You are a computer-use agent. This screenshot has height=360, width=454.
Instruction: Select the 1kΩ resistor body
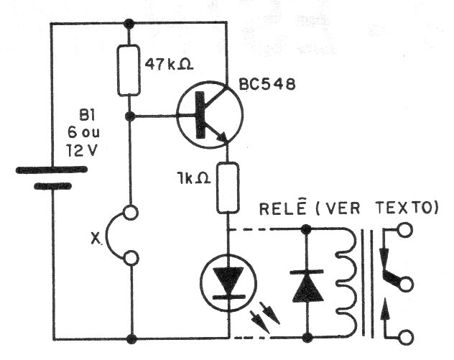click(228, 188)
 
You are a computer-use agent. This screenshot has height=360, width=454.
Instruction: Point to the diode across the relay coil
click(306, 284)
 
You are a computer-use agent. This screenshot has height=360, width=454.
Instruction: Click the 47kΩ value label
click(167, 64)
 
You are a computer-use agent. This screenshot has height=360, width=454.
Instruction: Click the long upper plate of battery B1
click(52, 171)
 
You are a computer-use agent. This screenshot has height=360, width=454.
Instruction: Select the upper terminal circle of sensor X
click(131, 213)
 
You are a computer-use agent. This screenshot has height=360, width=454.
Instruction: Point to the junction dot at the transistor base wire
click(130, 115)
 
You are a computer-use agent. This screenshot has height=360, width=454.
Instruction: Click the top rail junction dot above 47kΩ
click(130, 23)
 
